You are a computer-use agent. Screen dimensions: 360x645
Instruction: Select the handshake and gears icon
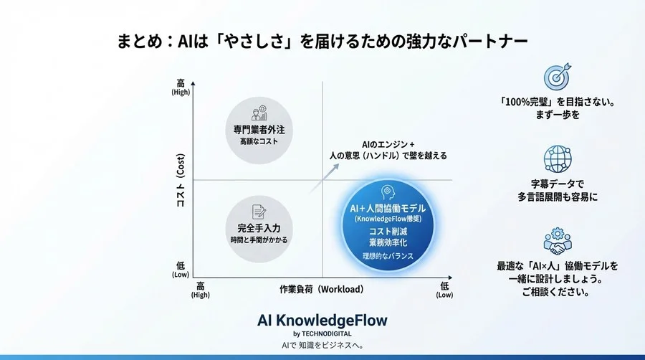pyautogui.click(x=557, y=240)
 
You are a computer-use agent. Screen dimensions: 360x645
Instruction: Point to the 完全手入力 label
pyautogui.click(x=259, y=229)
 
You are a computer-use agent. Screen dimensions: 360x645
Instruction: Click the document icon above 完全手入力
pyautogui.click(x=259, y=212)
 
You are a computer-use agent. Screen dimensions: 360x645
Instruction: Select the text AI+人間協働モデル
pyautogui.click(x=387, y=207)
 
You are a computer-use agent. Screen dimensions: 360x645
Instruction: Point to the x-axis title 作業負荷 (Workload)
pyautogui.click(x=322, y=290)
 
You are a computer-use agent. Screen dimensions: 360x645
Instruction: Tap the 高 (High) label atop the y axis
pyautogui.click(x=181, y=87)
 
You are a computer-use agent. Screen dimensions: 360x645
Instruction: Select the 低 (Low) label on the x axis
pyautogui.click(x=444, y=290)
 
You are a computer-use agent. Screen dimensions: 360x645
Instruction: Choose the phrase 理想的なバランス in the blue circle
pyautogui.click(x=387, y=256)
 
